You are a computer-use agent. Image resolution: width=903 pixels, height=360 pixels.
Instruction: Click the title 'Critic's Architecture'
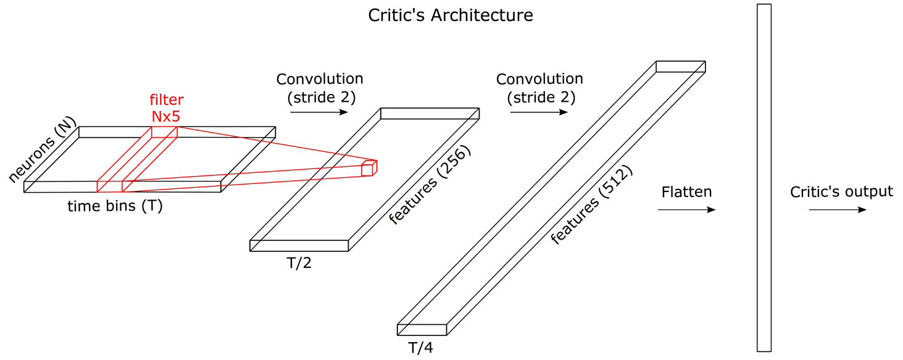[451, 15]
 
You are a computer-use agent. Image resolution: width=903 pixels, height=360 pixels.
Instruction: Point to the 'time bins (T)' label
[115, 206]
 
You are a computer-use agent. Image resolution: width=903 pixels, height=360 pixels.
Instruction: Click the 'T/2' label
[299, 264]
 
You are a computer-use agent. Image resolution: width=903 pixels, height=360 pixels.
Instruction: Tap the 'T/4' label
[420, 348]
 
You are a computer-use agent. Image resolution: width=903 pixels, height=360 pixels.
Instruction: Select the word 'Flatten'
[686, 191]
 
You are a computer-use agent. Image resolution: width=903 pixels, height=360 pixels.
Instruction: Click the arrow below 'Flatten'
[686, 210]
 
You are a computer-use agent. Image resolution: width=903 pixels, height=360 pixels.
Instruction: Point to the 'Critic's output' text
[841, 191]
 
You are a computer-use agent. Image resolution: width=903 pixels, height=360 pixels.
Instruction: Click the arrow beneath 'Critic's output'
[838, 210]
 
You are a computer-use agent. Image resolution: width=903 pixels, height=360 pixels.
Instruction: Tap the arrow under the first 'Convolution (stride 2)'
[318, 112]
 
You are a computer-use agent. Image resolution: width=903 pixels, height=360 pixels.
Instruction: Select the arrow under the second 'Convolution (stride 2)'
[538, 112]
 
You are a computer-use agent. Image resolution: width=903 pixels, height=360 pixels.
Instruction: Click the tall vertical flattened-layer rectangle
[764, 178]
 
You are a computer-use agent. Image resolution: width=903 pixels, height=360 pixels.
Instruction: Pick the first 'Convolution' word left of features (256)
[320, 79]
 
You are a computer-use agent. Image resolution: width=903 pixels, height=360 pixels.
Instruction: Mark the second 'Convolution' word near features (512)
[539, 79]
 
